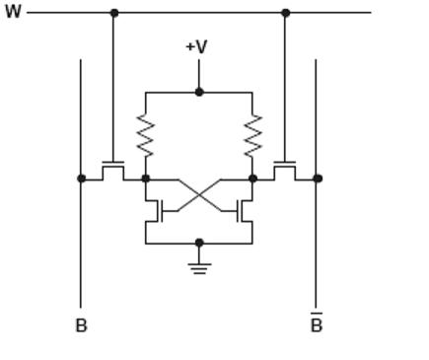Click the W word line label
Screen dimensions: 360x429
pyautogui.click(x=12, y=13)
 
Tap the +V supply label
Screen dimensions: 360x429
pyautogui.click(x=197, y=46)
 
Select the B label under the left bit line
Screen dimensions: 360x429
pyautogui.click(x=81, y=325)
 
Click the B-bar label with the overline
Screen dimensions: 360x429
pyautogui.click(x=316, y=324)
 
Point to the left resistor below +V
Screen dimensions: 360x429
pyautogui.click(x=146, y=135)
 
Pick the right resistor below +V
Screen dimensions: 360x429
pyautogui.click(x=252, y=135)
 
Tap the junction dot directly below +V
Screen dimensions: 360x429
pyautogui.click(x=199, y=92)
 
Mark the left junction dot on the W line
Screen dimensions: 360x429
pyautogui.click(x=113, y=13)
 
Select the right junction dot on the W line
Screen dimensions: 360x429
pyautogui.click(x=285, y=13)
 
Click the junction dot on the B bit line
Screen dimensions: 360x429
pyautogui.click(x=81, y=179)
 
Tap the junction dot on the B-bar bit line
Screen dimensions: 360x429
pyautogui.click(x=317, y=179)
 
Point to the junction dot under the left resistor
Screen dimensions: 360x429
pyautogui.click(x=146, y=179)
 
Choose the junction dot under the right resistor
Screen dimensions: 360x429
pyautogui.click(x=252, y=179)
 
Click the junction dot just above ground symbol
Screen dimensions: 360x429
pyautogui.click(x=199, y=243)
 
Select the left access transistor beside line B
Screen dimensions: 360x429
pyautogui.click(x=113, y=170)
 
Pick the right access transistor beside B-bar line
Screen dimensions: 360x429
pyautogui.click(x=285, y=170)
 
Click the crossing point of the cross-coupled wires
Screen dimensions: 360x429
pyautogui.click(x=199, y=194)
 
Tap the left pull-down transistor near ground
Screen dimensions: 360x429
pyautogui.click(x=153, y=210)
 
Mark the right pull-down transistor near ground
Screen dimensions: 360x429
pyautogui.click(x=246, y=210)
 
